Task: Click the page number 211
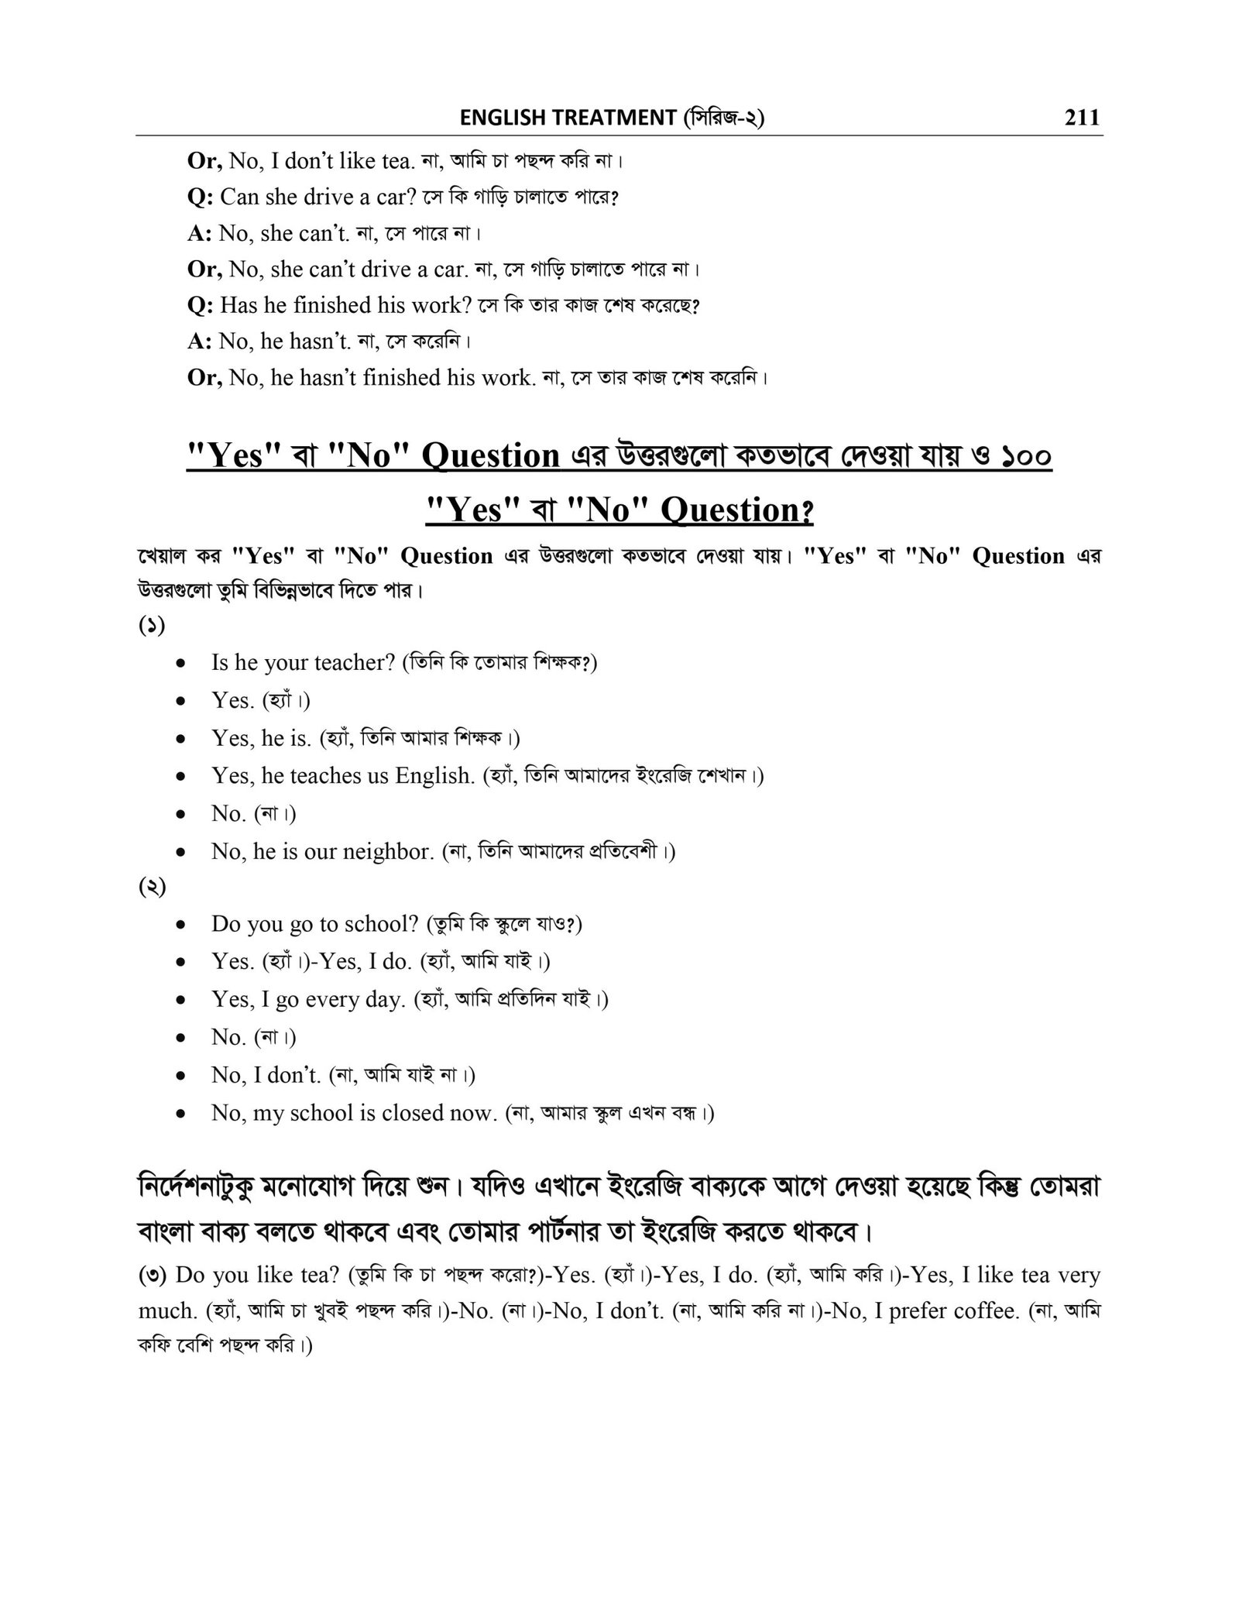click(x=1082, y=118)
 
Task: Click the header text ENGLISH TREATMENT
click(x=568, y=118)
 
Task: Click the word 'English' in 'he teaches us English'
click(x=434, y=776)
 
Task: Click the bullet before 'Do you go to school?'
click(x=180, y=925)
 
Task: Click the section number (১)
click(x=152, y=625)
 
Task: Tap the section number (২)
click(x=152, y=888)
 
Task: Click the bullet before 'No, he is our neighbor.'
click(x=180, y=853)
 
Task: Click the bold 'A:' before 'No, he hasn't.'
click(x=201, y=341)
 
